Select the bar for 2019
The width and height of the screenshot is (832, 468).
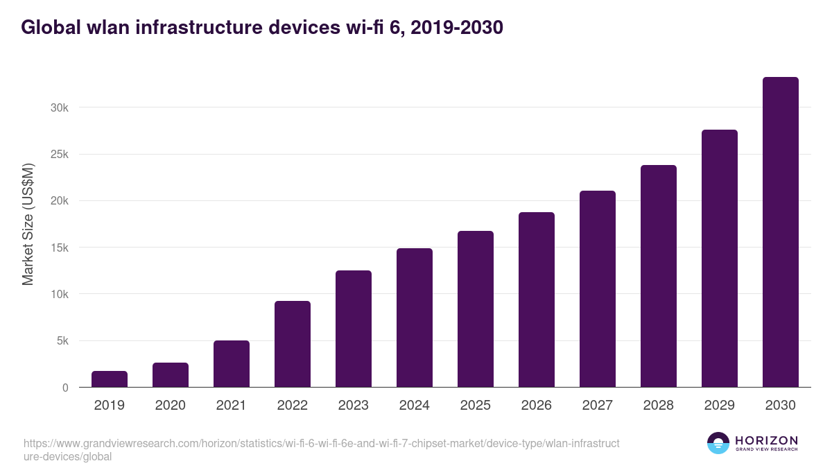tap(110, 379)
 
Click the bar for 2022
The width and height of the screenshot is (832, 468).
tap(293, 344)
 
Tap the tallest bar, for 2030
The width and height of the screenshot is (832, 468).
tap(780, 232)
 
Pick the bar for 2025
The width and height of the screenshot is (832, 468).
tap(476, 309)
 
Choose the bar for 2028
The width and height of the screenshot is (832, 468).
tap(659, 276)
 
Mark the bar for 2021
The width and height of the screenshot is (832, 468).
tap(232, 364)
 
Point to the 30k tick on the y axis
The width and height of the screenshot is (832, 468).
tap(59, 108)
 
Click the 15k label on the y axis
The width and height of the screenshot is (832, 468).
tap(59, 248)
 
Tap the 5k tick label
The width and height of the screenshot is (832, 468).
tap(62, 341)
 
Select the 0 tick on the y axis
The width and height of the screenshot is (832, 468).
tap(65, 388)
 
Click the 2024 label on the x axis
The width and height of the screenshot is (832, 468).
tap(415, 406)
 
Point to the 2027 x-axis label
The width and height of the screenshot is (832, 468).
tap(598, 406)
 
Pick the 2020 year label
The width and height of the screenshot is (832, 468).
tap(171, 406)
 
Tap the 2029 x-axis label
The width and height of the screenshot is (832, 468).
tap(720, 406)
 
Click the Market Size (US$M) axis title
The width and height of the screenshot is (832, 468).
tap(28, 224)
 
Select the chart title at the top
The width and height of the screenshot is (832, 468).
tap(262, 28)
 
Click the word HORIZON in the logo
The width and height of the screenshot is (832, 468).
tap(766, 440)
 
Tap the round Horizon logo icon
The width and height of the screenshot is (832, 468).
tap(718, 444)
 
